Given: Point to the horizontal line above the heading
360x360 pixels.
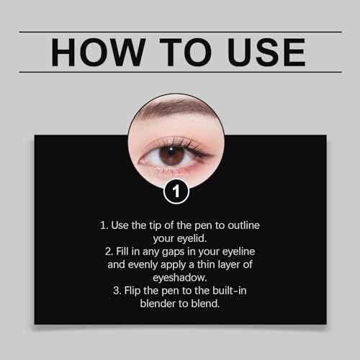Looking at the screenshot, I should click(x=180, y=32).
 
